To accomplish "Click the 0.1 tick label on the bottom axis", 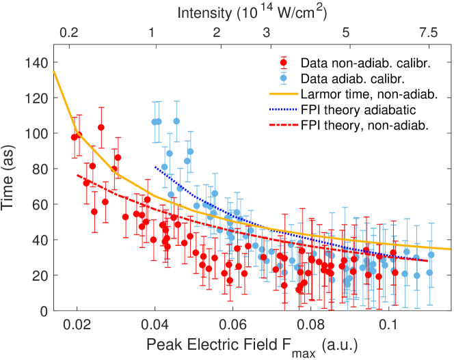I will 387,324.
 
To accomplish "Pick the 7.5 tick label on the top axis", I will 429,32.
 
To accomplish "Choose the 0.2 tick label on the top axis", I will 68,32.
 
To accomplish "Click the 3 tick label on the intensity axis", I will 266,32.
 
